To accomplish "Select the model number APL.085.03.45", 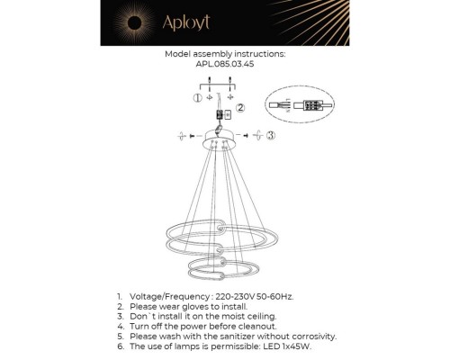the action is (225, 64).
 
